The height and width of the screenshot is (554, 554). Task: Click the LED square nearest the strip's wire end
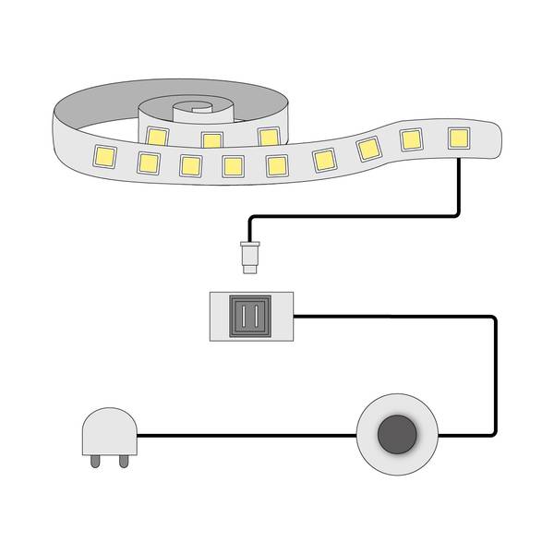[x=458, y=137]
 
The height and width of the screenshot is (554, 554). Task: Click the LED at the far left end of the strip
[x=101, y=153]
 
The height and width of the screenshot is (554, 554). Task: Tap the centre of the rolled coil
[x=194, y=108]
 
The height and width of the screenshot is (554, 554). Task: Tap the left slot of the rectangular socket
[x=244, y=316]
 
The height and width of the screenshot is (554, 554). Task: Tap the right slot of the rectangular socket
[x=258, y=316]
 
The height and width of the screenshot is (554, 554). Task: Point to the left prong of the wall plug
[x=97, y=460]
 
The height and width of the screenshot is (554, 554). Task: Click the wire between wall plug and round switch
[x=249, y=435]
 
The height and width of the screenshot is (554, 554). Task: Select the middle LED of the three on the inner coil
[x=211, y=140]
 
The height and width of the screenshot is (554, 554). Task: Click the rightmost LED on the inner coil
[x=268, y=137]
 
